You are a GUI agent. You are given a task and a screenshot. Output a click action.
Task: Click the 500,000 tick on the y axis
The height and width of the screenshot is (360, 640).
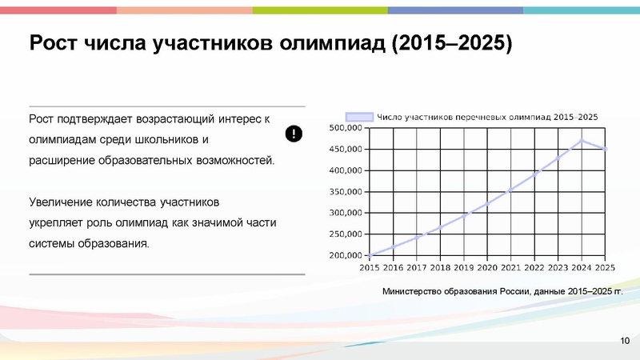click(x=346, y=128)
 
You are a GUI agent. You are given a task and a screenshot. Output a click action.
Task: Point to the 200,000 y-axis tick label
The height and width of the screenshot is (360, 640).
click(x=346, y=256)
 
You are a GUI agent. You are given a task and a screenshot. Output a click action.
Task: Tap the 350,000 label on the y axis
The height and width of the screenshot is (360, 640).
click(x=346, y=192)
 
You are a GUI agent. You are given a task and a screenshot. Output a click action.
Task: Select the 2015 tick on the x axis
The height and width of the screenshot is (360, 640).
click(x=370, y=268)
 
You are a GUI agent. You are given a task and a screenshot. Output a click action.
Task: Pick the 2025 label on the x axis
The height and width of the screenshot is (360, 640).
click(x=605, y=268)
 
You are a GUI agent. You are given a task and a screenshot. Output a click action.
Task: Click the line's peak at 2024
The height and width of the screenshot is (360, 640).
click(x=582, y=141)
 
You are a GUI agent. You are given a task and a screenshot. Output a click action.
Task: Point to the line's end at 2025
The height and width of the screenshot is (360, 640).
click(x=606, y=149)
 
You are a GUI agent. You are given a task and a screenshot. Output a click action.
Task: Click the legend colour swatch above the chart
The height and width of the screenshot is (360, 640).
click(x=358, y=117)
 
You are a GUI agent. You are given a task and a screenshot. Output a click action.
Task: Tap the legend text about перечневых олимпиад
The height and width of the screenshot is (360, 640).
click(x=487, y=117)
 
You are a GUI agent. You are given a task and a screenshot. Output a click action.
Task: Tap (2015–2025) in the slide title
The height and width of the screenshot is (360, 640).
click(x=453, y=42)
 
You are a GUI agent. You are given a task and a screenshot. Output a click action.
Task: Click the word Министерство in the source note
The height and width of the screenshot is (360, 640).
click(x=418, y=291)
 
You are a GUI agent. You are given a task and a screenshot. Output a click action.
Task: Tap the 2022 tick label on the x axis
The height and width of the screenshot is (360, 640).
click(x=534, y=268)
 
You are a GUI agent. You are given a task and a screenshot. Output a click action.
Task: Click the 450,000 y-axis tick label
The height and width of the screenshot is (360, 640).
click(x=346, y=150)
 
